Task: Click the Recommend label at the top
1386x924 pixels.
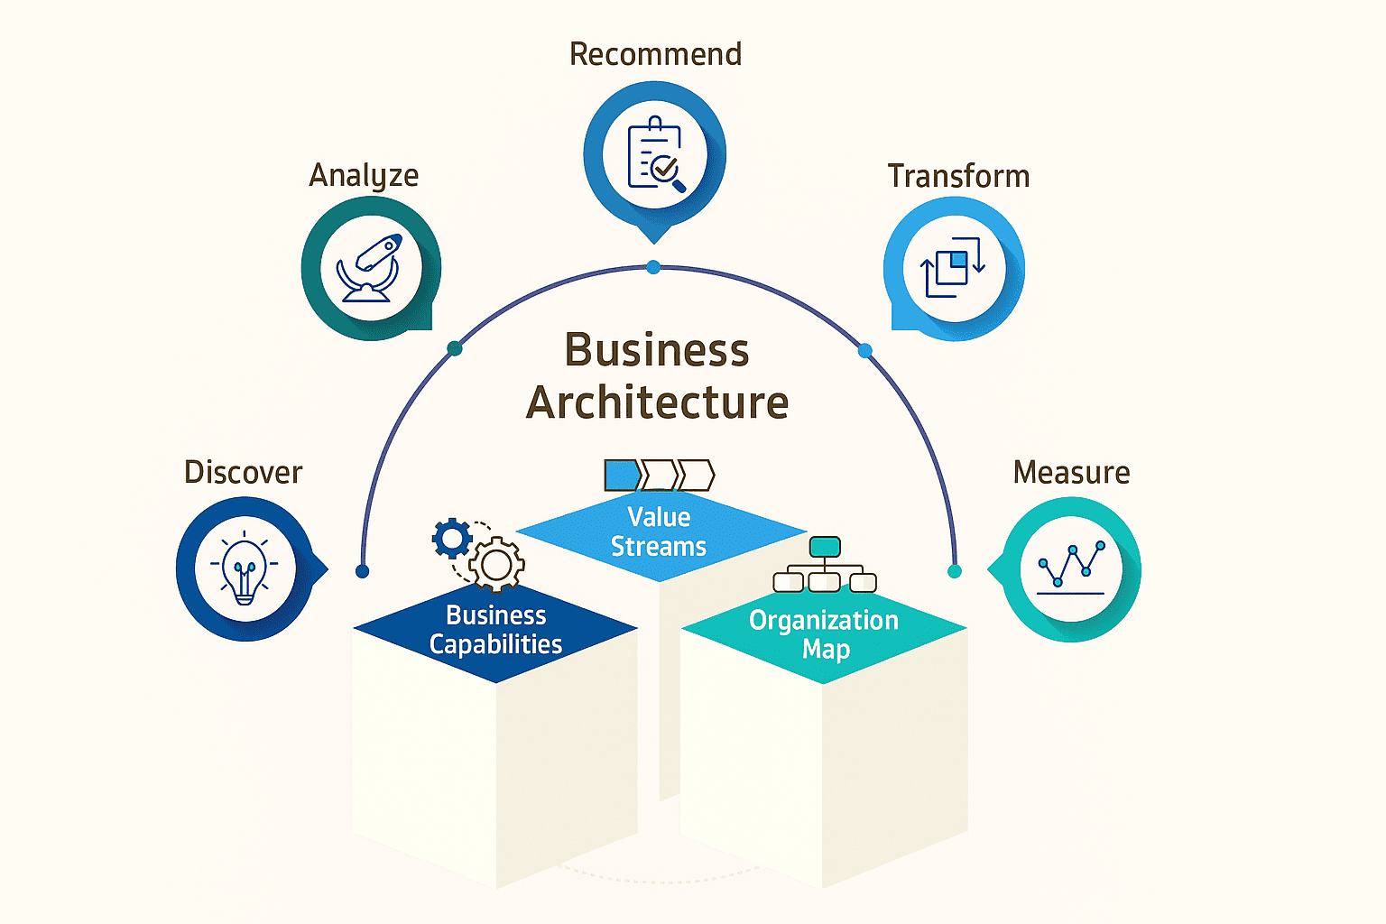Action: click(655, 54)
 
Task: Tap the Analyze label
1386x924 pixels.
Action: click(364, 175)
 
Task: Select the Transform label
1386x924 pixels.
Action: click(958, 176)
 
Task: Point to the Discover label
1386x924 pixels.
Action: click(243, 472)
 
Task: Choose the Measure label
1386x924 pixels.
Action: click(1071, 472)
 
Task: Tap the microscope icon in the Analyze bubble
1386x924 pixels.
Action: click(370, 269)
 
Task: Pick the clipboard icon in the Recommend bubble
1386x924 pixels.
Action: click(656, 154)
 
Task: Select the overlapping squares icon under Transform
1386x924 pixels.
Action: click(953, 268)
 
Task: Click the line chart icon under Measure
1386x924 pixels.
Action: click(1071, 568)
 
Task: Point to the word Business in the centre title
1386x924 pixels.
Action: click(657, 350)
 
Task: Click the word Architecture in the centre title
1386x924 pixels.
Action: click(657, 402)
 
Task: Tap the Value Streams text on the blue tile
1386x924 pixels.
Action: click(659, 531)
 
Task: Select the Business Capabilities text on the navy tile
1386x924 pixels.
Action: click(495, 630)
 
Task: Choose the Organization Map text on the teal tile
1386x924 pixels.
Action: click(824, 634)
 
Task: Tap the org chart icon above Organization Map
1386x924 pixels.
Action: click(825, 566)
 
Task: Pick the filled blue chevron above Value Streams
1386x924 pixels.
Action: click(622, 475)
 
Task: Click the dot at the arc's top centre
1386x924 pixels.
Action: click(653, 267)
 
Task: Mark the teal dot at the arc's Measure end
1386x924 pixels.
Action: click(955, 571)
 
